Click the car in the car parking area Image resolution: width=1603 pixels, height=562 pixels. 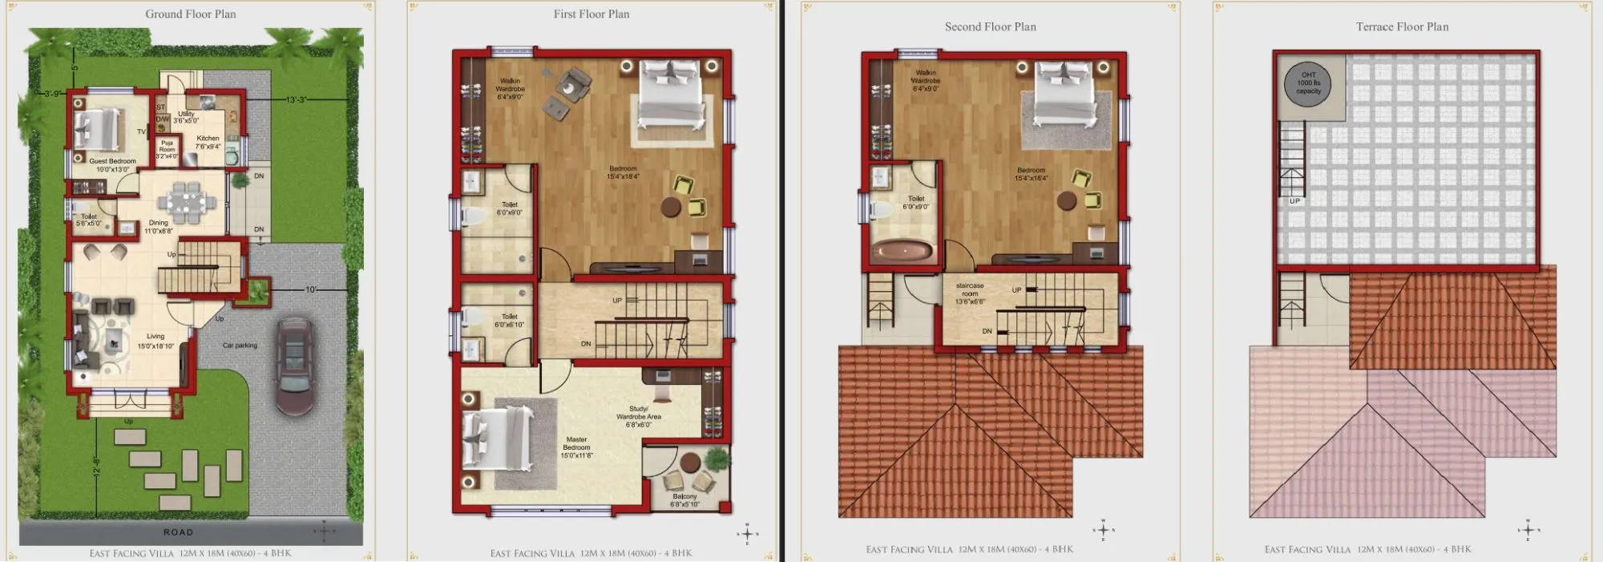[293, 365]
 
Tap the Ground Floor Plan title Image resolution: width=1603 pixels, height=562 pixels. [191, 14]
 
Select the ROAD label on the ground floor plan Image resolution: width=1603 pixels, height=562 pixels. [178, 532]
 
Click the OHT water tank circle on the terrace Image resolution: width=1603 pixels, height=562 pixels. [1308, 83]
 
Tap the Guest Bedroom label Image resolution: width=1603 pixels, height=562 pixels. [112, 165]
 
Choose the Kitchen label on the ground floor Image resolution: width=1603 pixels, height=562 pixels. [208, 142]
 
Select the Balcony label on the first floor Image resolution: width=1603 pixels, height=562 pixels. [684, 500]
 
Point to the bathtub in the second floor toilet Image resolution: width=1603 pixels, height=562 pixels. [902, 251]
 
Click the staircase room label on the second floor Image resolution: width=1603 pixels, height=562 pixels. [970, 293]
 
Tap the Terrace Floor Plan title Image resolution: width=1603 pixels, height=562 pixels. [1402, 27]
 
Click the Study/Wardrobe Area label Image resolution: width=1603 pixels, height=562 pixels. [639, 416]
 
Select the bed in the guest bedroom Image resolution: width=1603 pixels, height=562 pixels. [93, 128]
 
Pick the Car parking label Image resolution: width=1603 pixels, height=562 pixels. [240, 346]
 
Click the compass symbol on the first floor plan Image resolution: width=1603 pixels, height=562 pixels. [747, 534]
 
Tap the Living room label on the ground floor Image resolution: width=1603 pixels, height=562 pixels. [155, 341]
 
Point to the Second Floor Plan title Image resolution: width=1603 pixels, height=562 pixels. [990, 27]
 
